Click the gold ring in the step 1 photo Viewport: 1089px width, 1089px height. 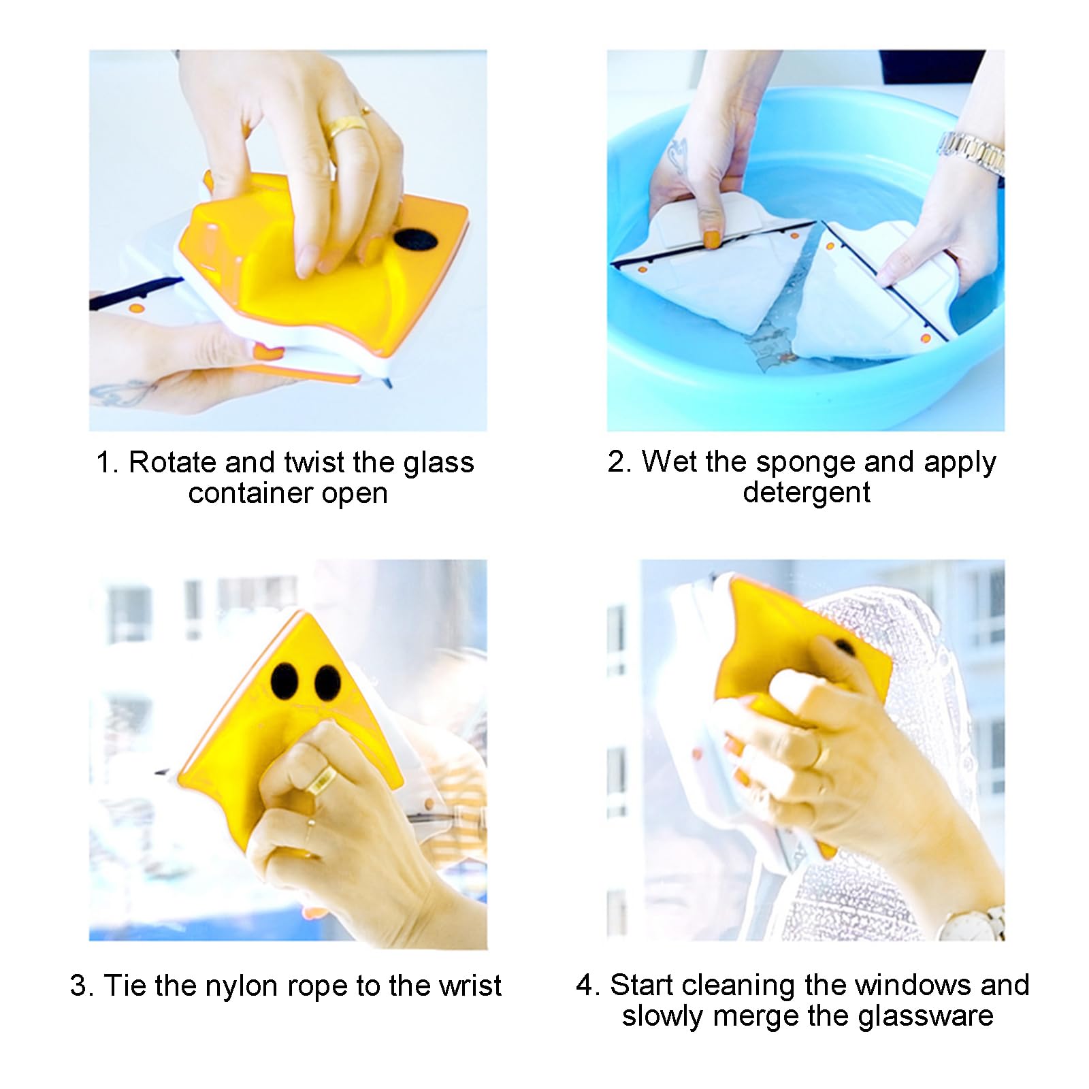coord(348,125)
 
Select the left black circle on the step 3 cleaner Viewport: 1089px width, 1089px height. coord(285,680)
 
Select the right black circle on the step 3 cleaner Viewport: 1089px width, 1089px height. coord(327,683)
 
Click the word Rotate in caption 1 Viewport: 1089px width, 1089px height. coord(173,462)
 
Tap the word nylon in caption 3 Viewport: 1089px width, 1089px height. coord(242,986)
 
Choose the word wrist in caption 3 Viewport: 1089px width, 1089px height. coord(470,986)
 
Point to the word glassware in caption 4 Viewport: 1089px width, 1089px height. coord(925,1016)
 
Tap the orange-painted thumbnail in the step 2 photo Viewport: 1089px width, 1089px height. coord(711,239)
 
